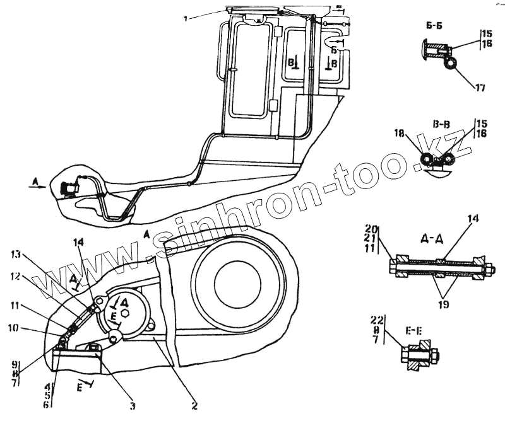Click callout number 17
[x=480, y=88]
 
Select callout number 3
[x=133, y=406]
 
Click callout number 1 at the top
[x=186, y=19]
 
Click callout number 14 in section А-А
[x=474, y=219]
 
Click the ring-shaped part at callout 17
[x=451, y=64]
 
